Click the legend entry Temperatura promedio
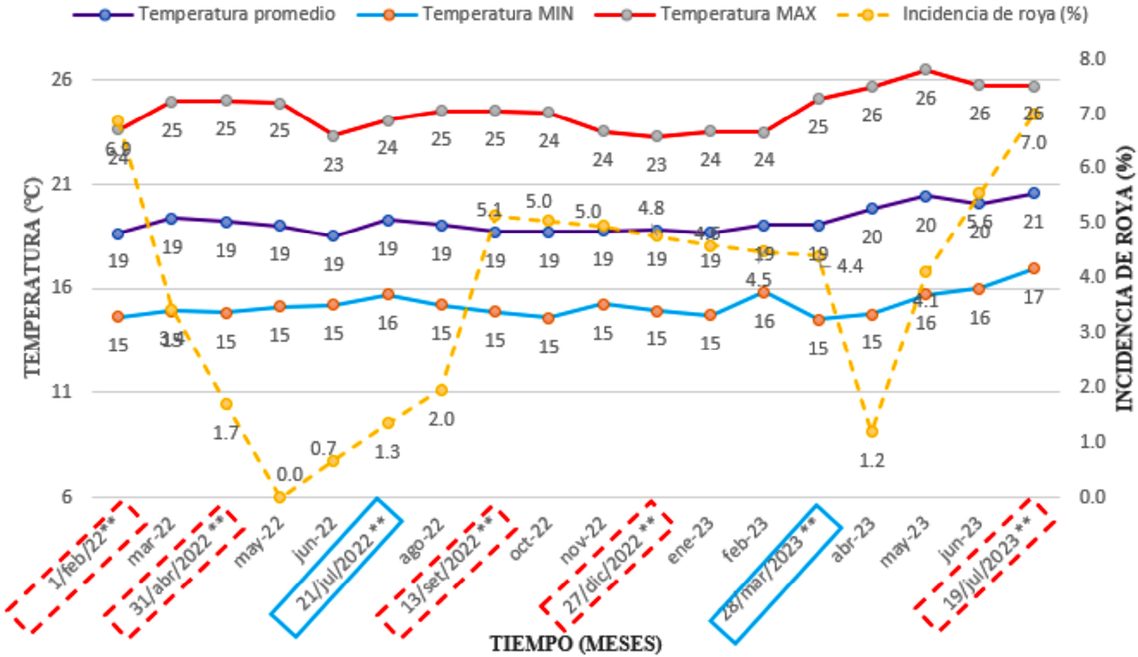236,14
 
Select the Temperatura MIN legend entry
497,14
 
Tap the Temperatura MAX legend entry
738,14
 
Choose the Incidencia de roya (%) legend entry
994,14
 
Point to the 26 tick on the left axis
61,79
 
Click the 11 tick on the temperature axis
61,391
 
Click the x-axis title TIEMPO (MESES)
575,643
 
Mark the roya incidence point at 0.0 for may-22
280,496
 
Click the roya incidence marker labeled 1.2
872,431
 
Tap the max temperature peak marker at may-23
925,70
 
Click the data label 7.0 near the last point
1033,143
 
